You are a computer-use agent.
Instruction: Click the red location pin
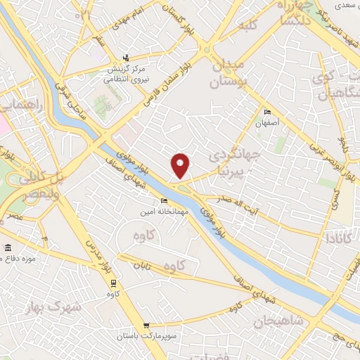coord(181,165)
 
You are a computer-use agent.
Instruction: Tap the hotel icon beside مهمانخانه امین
coord(165,202)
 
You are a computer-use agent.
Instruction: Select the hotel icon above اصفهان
coord(266,112)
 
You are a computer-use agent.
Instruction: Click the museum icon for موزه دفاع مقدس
coord(8,249)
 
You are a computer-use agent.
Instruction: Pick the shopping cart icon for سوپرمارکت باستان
coord(146,326)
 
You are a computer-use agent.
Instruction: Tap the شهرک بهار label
coord(57,307)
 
